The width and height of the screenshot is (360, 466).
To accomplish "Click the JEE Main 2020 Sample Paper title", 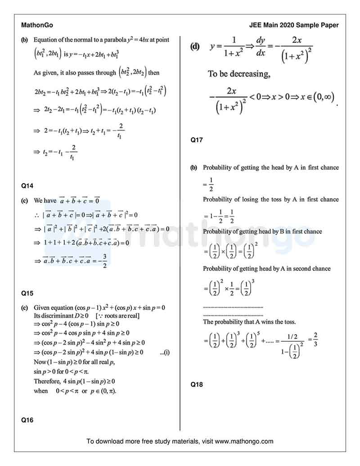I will coord(294,25).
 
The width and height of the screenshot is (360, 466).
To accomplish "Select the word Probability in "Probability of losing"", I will coord(218,199).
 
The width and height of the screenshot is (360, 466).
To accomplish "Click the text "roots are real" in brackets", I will coord(121,316).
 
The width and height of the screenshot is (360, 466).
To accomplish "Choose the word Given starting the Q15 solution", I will coord(42,308).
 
